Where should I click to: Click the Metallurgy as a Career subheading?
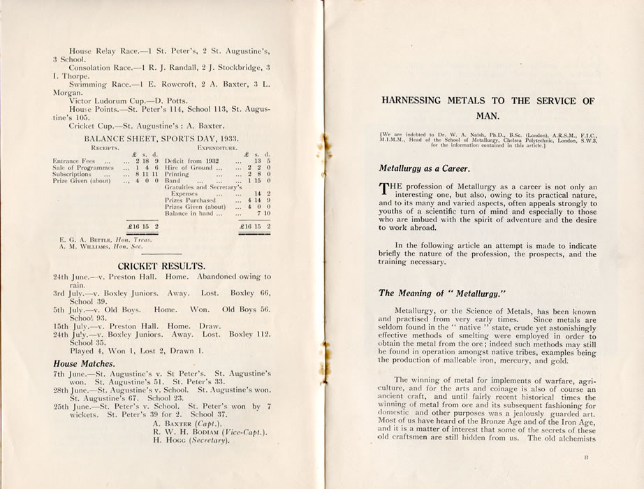(424, 168)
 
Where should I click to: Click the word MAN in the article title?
(488, 117)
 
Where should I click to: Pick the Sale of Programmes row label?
(82, 168)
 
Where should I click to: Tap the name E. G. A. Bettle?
(82, 240)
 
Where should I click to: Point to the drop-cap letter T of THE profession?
(383, 187)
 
